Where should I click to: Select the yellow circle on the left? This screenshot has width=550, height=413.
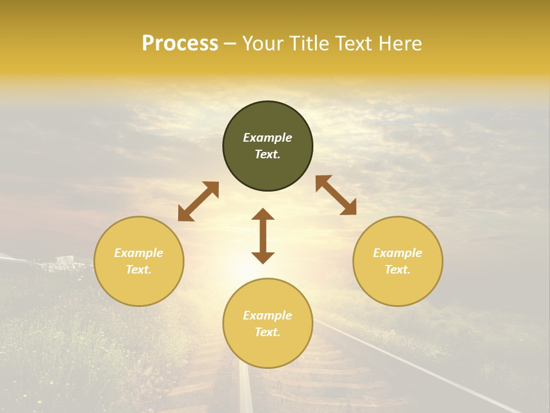coord(139,287)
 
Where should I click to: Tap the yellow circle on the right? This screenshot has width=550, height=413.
coord(398,287)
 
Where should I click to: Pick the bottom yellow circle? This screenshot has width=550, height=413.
coord(268,350)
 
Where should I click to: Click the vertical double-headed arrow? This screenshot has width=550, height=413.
coord(263,236)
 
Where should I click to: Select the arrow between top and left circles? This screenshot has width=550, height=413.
coord(198,201)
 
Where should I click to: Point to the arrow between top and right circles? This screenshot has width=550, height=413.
coord(336,195)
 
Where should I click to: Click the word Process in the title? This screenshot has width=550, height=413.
coord(180,44)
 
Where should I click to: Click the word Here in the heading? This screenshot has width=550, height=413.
coord(399,44)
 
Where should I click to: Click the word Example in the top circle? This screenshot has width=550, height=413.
coord(268,138)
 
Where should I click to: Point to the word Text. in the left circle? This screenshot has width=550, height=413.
coord(139,270)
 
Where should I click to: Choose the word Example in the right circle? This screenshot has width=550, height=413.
coord(398,253)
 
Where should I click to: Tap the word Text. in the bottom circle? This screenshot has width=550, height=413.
coord(268,332)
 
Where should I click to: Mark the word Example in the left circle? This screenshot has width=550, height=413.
coord(139,253)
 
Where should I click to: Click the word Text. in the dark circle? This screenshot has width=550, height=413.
coord(268,154)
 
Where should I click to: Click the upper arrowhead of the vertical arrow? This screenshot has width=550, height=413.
coord(263,215)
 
